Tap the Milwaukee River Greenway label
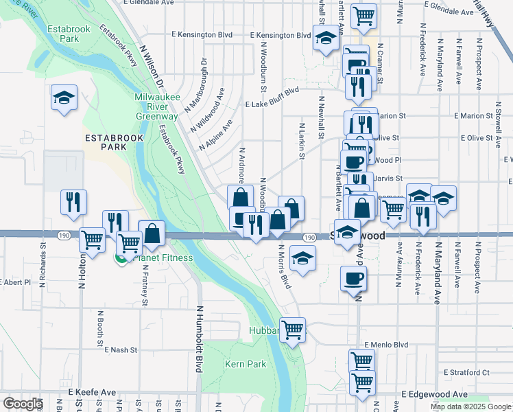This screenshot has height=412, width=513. (156, 106)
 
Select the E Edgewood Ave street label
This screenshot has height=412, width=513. (434, 394)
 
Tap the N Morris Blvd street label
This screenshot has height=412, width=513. (285, 267)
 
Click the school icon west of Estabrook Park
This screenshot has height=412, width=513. (64, 98)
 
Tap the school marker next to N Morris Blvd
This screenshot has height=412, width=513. (301, 259)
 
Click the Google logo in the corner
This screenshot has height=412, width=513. (23, 403)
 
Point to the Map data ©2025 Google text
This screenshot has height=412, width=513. (470, 406)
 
